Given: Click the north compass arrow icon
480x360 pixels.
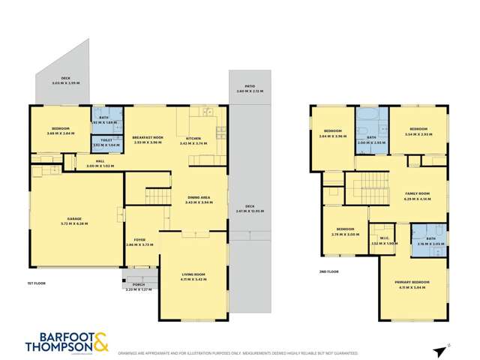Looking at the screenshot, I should click(x=439, y=351).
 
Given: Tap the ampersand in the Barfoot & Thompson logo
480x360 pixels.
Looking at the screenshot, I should click(x=101, y=340).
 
